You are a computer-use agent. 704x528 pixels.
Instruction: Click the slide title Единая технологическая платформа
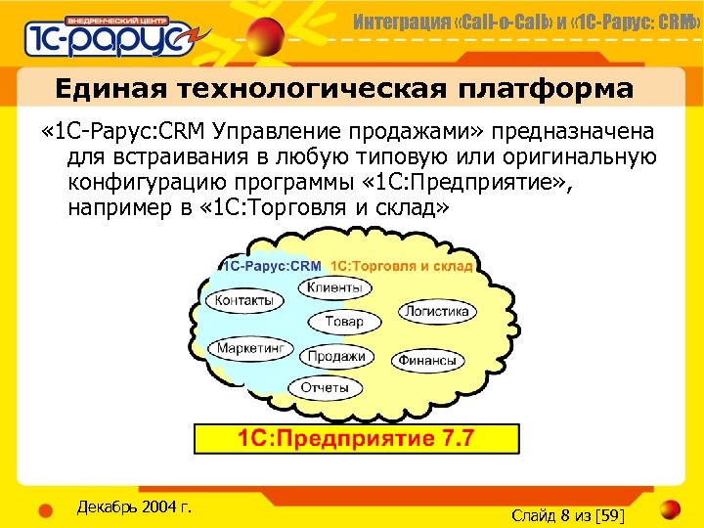click(x=344, y=90)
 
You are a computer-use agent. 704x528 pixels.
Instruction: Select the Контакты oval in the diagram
click(x=244, y=301)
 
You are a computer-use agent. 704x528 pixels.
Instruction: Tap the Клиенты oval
click(x=334, y=287)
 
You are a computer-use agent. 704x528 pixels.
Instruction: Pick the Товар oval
click(x=343, y=321)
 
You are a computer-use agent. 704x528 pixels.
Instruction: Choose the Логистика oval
click(x=436, y=312)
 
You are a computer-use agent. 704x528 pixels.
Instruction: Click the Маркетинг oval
click(x=251, y=348)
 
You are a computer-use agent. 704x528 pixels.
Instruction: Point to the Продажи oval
click(x=336, y=357)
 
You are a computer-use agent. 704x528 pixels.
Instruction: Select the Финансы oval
click(x=427, y=360)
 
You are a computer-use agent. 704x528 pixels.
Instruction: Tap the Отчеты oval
click(x=325, y=388)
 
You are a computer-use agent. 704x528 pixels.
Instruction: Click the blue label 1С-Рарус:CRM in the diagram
click(x=273, y=265)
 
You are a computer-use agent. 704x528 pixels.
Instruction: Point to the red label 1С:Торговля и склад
click(x=402, y=265)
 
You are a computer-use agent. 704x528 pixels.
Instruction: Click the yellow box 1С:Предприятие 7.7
click(x=357, y=438)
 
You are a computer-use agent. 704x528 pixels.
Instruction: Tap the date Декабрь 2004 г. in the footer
click(x=133, y=506)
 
